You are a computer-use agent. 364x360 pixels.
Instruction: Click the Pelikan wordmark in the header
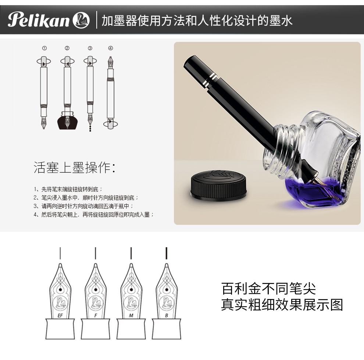click(x=39, y=20)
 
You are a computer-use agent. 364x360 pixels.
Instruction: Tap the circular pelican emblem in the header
click(x=81, y=20)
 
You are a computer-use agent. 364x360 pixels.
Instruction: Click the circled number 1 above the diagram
click(x=44, y=48)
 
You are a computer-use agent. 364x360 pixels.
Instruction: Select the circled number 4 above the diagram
click(x=111, y=48)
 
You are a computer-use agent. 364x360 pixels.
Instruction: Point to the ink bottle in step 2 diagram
click(x=67, y=120)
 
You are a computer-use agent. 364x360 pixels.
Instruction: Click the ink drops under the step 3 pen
click(x=90, y=128)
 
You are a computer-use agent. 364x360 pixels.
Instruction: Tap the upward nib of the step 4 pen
click(x=111, y=62)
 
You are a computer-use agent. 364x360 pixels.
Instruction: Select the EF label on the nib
click(x=60, y=316)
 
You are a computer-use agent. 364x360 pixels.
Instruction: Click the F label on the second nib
click(x=96, y=316)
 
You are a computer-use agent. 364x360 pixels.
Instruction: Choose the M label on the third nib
click(x=131, y=316)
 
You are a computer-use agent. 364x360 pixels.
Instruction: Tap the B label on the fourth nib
click(x=167, y=316)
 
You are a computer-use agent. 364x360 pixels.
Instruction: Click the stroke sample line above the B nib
click(x=167, y=253)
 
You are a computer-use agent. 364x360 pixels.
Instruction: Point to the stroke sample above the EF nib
click(x=60, y=253)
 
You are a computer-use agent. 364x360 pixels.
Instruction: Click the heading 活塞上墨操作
click(x=75, y=168)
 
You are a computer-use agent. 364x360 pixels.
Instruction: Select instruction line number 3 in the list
click(x=83, y=206)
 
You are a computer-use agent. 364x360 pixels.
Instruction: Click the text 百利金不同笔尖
click(x=269, y=289)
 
